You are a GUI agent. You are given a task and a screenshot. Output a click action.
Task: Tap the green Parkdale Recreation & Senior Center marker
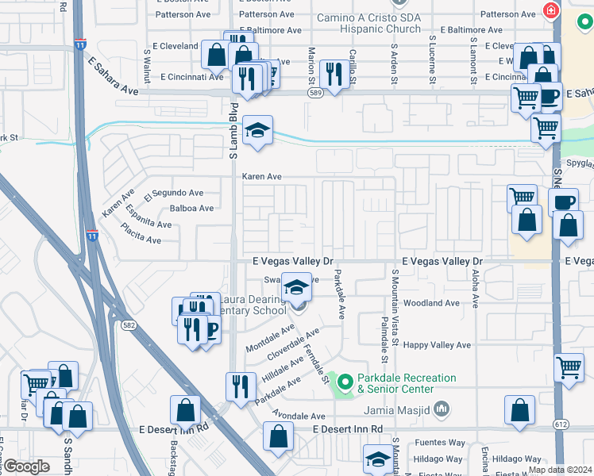pos(344,383)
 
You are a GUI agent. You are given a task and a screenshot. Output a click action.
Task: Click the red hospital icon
pos(549,10)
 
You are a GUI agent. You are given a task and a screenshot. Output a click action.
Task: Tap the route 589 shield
pos(314,93)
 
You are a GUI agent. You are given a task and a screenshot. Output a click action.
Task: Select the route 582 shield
pos(127,325)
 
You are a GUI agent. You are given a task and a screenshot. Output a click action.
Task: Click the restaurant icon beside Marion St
pos(333,75)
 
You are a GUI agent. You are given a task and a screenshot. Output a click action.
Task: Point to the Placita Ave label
pos(142,237)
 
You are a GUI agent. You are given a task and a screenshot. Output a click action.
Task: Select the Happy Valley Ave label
pos(437,345)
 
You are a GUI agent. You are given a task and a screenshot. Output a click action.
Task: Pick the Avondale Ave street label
pos(299,416)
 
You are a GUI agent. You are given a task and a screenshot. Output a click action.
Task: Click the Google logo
pos(25,466)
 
